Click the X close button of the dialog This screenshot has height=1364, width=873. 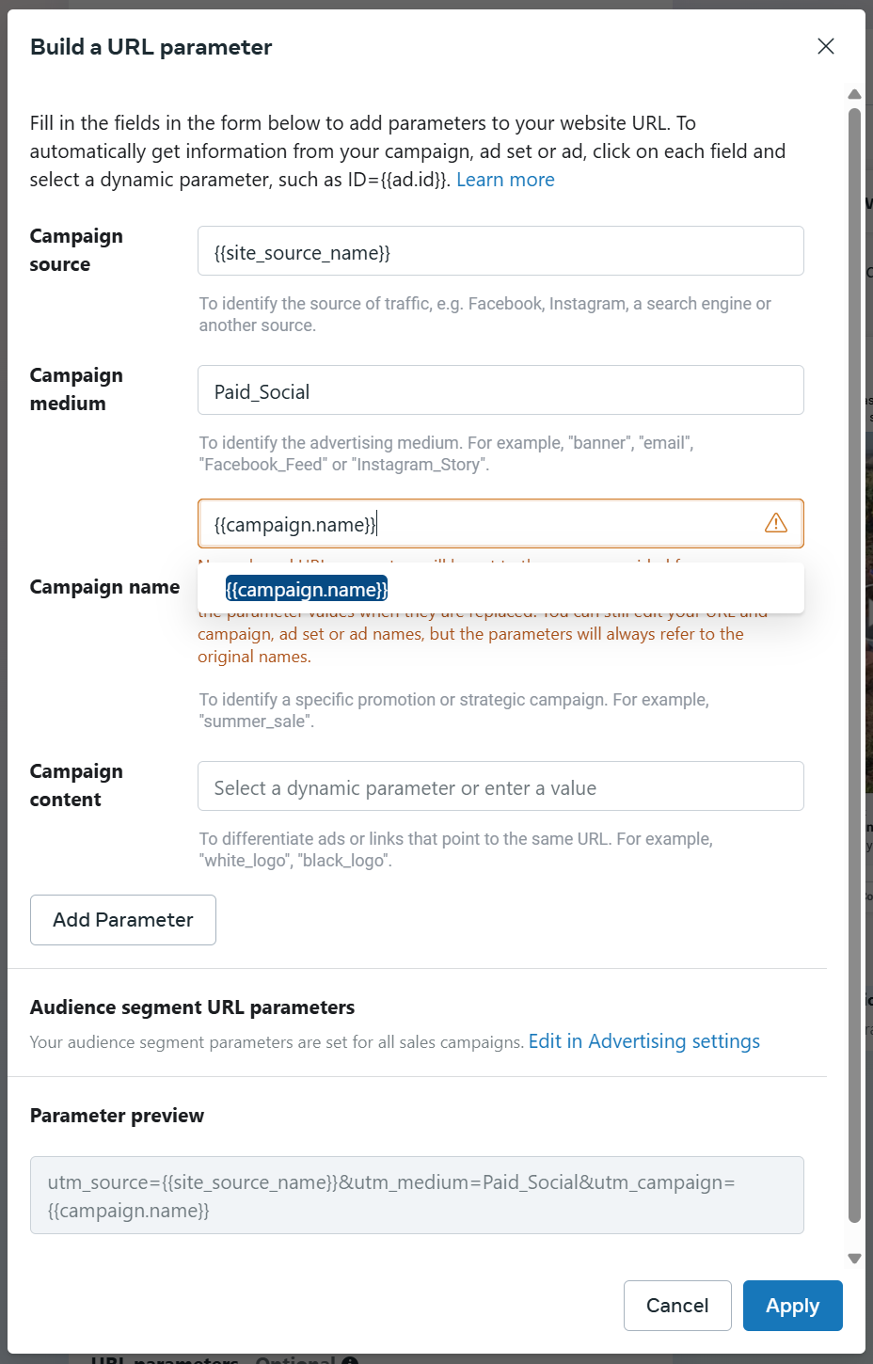coord(826,46)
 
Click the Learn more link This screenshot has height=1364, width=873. coord(505,180)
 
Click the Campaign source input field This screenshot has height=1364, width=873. coord(500,251)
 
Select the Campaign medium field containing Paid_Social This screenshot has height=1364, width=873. coord(500,390)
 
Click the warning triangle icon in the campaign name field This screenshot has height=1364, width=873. coord(776,523)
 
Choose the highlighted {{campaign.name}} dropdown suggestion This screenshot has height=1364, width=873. coord(307,590)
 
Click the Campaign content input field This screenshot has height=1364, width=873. coord(500,786)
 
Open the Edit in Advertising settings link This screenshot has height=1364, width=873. coord(643,1041)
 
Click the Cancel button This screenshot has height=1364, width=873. coord(677,1306)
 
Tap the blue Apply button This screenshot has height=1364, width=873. coord(792,1306)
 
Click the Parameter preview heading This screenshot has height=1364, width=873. coord(117,1116)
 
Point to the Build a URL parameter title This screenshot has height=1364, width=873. coord(151,47)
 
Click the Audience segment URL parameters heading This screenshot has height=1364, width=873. coord(192,1007)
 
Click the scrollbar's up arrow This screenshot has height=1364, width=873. coord(854,94)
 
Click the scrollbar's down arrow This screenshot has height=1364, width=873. coord(854,1258)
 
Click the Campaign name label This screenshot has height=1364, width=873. coord(104,587)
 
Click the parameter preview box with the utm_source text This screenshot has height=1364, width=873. coord(417,1195)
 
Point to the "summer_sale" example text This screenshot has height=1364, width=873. coord(256,722)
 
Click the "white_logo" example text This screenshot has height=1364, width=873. coord(243,861)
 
